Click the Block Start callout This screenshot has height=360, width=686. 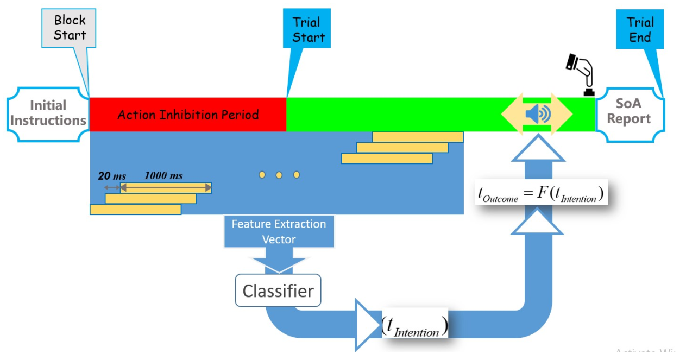(70, 28)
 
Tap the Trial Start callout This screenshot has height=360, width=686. (307, 30)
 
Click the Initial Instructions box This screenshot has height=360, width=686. (48, 113)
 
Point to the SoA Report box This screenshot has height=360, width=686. (629, 111)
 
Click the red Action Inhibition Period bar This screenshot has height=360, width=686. (187, 115)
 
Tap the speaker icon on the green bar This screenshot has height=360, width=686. (538, 114)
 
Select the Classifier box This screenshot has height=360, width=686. (278, 290)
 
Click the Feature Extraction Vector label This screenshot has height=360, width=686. (279, 231)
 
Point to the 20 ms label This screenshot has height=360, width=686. (112, 176)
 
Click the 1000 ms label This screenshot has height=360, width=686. (163, 176)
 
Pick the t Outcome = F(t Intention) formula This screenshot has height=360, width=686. (540, 193)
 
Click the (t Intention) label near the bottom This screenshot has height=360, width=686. (414, 324)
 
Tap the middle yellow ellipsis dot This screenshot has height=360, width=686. (279, 175)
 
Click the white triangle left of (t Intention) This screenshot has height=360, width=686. (366, 324)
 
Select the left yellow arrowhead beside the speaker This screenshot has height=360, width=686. (511, 114)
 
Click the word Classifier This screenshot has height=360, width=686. (278, 291)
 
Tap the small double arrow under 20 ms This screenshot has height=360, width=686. (112, 187)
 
